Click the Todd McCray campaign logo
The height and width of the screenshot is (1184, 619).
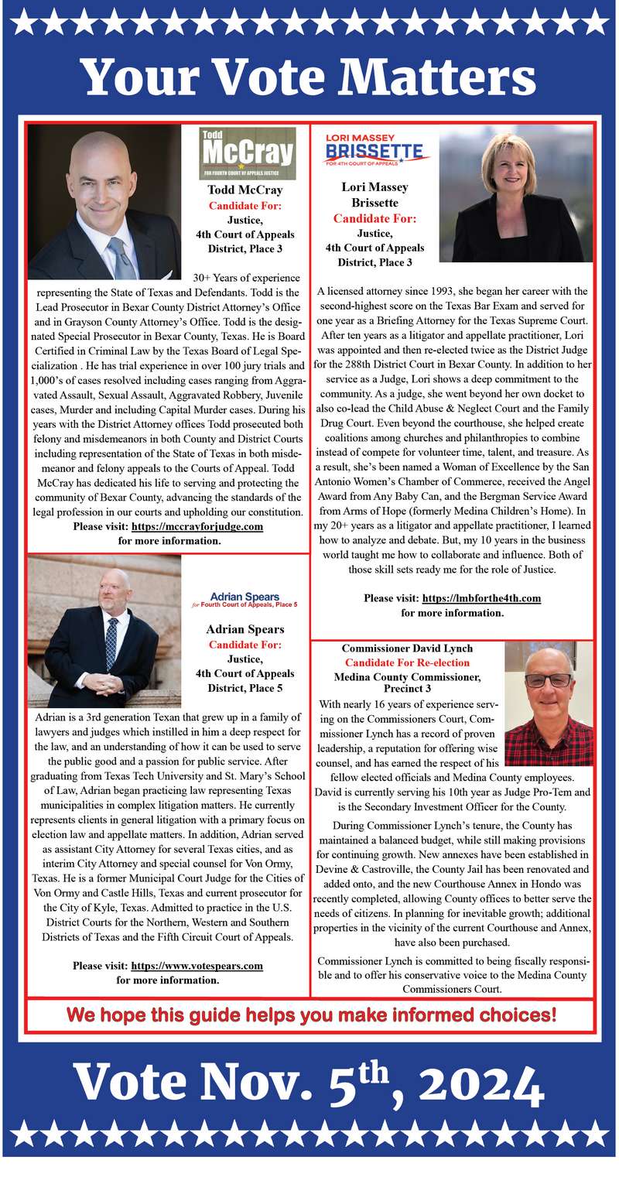248,153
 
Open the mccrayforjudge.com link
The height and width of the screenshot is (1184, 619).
198,526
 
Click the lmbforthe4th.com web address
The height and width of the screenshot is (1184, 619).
480,598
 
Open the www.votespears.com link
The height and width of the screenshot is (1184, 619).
197,966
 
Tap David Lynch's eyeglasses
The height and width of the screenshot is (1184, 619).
548,681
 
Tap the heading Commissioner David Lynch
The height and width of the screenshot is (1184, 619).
407,648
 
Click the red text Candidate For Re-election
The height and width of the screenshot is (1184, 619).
407,662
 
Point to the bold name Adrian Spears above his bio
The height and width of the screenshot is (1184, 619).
245,629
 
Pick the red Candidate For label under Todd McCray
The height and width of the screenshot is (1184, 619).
245,206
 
